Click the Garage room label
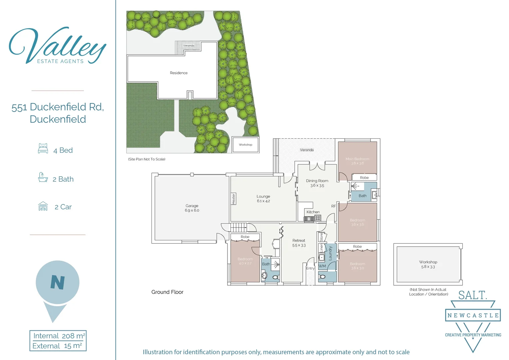pyautogui.click(x=192, y=208)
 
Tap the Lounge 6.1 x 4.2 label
pyautogui.click(x=263, y=199)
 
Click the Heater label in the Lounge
pyautogui.click(x=234, y=199)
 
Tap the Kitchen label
pyautogui.click(x=313, y=212)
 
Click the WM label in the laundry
pyautogui.click(x=322, y=266)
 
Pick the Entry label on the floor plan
pyautogui.click(x=310, y=268)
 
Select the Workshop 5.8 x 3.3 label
pyautogui.click(x=428, y=264)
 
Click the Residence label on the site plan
pyautogui.click(x=179, y=73)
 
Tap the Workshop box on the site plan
pyautogui.click(x=246, y=145)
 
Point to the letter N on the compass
pyautogui.click(x=58, y=282)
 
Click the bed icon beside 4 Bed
pyautogui.click(x=43, y=148)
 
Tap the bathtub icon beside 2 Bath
pyautogui.click(x=43, y=177)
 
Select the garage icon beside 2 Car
pyautogui.click(x=43, y=206)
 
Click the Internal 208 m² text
pyautogui.click(x=59, y=336)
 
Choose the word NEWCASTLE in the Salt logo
pyautogui.click(x=473, y=315)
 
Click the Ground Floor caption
pyautogui.click(x=167, y=292)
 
